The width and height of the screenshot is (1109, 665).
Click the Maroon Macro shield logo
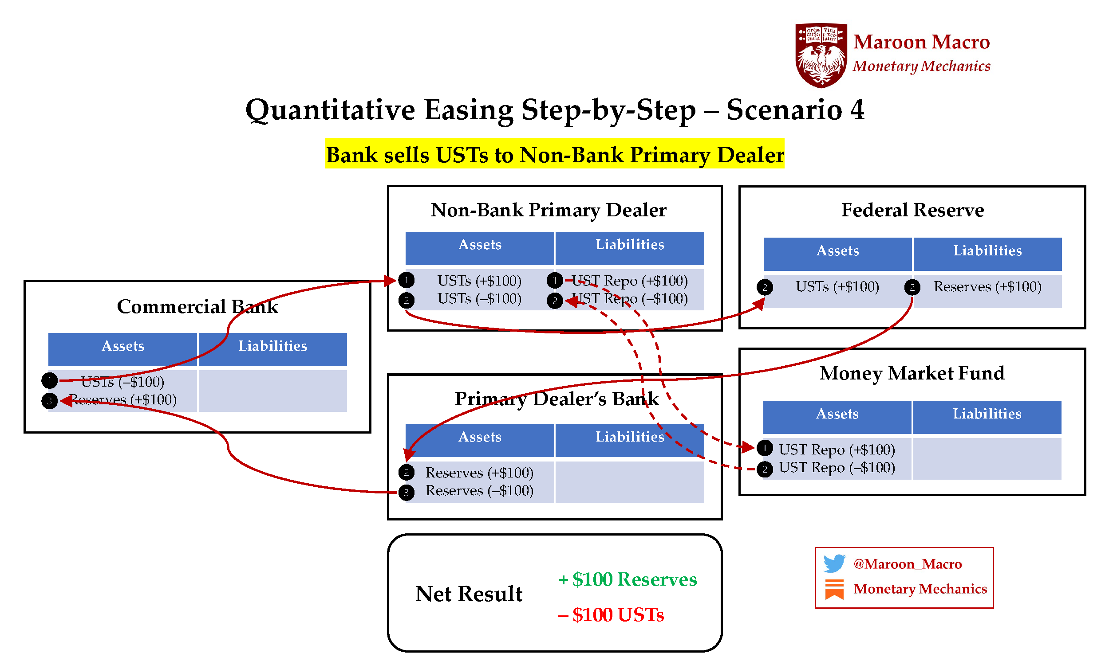[821, 55]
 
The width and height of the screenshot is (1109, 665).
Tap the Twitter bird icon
[834, 563]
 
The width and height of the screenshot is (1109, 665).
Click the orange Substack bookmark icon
[834, 589]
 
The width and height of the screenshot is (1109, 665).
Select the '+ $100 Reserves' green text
[628, 579]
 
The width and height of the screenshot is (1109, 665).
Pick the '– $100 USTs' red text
[611, 614]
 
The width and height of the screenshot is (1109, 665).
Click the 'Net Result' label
[469, 594]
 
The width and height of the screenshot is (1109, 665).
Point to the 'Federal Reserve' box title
[912, 210]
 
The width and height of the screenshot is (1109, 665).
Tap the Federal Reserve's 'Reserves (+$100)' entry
[987, 286]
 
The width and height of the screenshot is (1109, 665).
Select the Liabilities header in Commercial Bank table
[272, 346]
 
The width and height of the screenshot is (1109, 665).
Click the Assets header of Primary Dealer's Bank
[479, 437]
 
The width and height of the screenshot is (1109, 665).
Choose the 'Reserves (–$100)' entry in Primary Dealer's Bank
[479, 490]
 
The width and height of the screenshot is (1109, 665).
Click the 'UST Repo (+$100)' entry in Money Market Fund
[837, 449]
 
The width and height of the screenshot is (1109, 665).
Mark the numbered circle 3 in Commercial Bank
[49, 401]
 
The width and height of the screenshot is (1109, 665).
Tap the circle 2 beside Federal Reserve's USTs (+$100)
[765, 287]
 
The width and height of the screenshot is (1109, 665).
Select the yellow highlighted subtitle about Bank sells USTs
[554, 155]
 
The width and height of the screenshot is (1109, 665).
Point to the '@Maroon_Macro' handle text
[907, 563]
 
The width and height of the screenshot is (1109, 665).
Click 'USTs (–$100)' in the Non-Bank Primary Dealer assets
[479, 298]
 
